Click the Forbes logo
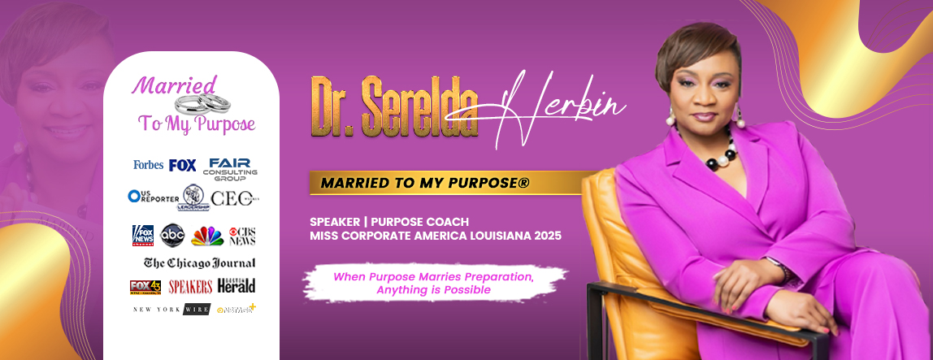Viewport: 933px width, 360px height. pyautogui.click(x=148, y=165)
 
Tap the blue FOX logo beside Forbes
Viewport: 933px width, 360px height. pyautogui.click(x=183, y=165)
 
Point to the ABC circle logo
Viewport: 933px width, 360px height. pyautogui.click(x=173, y=235)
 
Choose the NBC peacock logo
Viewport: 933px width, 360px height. pyautogui.click(x=207, y=236)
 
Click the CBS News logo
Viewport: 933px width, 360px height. pyautogui.click(x=242, y=236)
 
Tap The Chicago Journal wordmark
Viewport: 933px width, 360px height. pyautogui.click(x=199, y=262)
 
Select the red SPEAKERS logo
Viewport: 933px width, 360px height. pyautogui.click(x=190, y=286)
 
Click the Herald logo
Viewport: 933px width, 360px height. pyautogui.click(x=237, y=285)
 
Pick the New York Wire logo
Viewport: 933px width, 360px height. pyautogui.click(x=171, y=309)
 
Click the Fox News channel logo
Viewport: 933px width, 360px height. pyautogui.click(x=143, y=235)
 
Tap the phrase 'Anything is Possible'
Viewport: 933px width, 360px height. pyautogui.click(x=433, y=289)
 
